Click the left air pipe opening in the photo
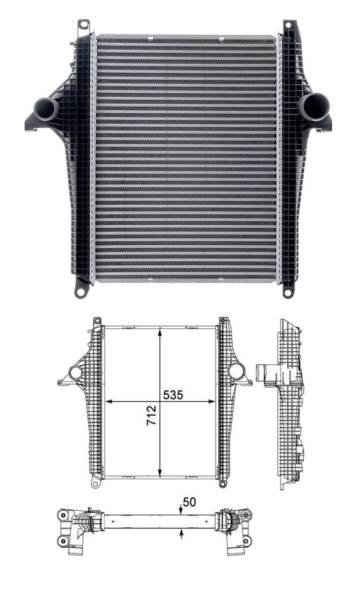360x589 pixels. tap(45, 109)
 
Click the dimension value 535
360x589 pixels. tap(173, 394)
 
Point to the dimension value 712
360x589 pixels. tap(152, 416)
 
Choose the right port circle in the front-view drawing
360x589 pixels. tap(236, 371)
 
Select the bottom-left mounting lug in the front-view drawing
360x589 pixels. tap(95, 483)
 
